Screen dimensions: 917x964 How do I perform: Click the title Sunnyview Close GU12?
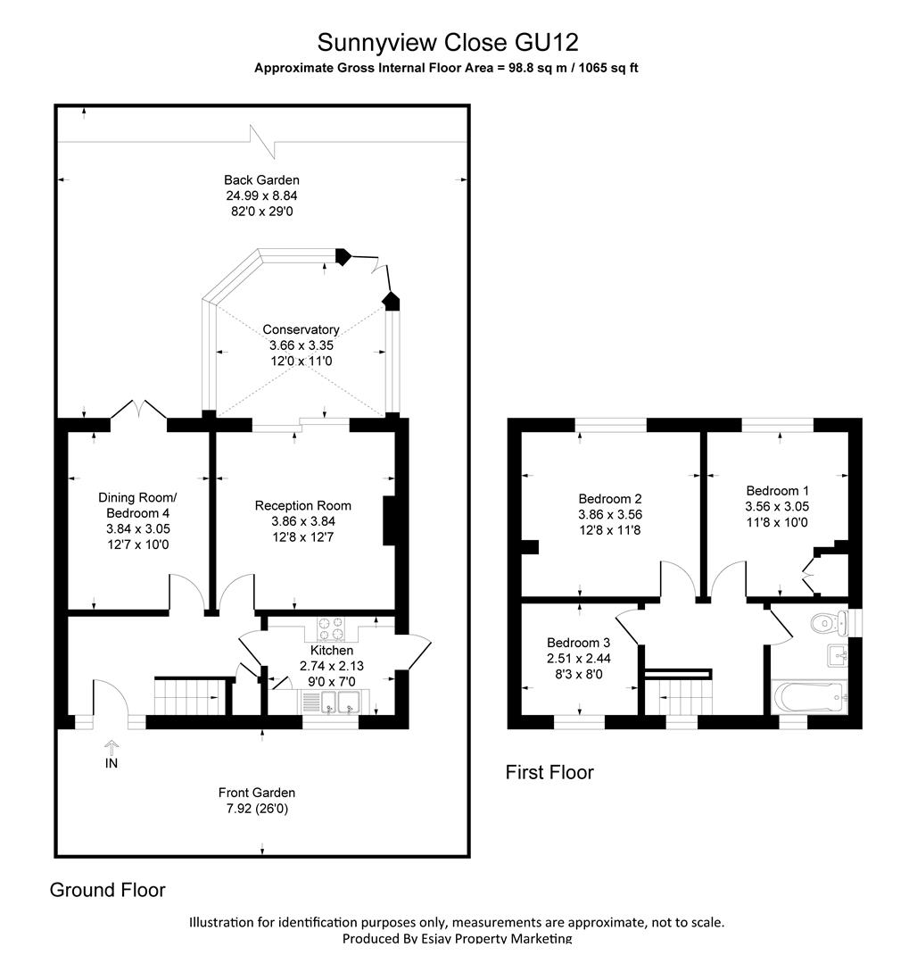click(448, 43)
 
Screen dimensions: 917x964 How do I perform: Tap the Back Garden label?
click(261, 180)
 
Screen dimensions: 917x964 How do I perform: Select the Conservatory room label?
click(301, 329)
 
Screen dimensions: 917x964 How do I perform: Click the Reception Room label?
click(303, 505)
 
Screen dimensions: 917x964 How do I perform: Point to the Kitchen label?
click(332, 650)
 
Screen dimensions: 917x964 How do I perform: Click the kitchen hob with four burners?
click(330, 629)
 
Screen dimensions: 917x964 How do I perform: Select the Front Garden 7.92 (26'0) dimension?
click(257, 809)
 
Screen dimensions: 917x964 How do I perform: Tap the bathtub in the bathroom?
click(810, 697)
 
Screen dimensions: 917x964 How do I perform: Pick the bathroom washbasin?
click(838, 655)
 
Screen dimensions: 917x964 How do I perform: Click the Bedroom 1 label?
click(778, 491)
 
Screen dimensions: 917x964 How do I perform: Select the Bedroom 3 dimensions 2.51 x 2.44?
click(579, 659)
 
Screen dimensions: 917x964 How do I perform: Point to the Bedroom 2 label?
click(610, 499)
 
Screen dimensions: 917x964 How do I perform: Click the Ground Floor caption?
click(107, 890)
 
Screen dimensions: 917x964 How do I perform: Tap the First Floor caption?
click(549, 772)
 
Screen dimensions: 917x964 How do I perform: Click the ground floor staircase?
click(190, 695)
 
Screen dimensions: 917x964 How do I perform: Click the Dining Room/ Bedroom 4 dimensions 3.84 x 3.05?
click(138, 528)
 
